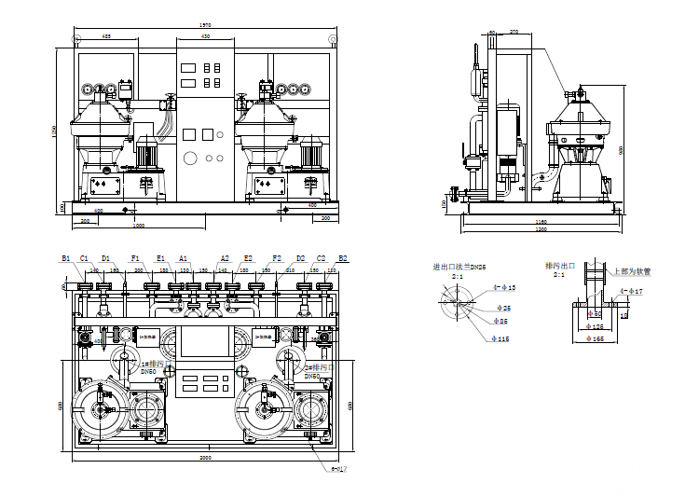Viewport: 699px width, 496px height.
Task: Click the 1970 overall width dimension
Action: tap(203, 26)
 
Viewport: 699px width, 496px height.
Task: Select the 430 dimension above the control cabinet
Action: tap(203, 36)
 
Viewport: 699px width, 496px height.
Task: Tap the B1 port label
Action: tap(66, 258)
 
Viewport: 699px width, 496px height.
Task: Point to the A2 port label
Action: tap(225, 258)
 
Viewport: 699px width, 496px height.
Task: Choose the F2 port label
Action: tap(276, 258)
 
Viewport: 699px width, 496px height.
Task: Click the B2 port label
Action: tap(343, 258)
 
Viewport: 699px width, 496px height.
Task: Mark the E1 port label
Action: tap(160, 258)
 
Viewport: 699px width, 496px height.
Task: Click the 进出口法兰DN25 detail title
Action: tap(458, 267)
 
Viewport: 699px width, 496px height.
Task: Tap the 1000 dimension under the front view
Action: tap(138, 227)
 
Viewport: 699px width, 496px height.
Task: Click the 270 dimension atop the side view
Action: tap(514, 32)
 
